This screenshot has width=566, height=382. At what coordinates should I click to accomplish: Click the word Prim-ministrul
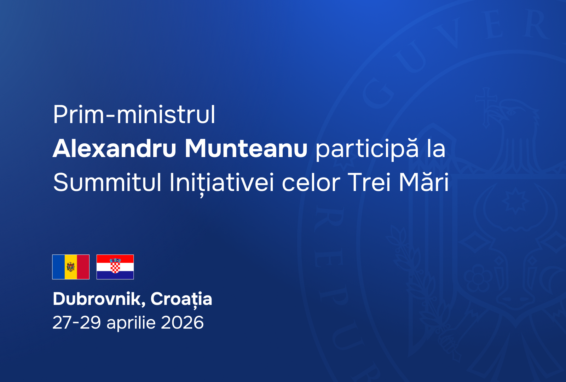pyautogui.click(x=134, y=115)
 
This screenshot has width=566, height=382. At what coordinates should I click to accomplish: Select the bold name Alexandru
pyautogui.click(x=114, y=149)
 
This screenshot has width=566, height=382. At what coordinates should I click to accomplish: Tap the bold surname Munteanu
pyautogui.click(x=246, y=149)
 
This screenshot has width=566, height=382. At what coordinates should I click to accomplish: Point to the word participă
pyautogui.click(x=367, y=150)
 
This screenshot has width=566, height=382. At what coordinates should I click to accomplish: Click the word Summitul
pyautogui.click(x=107, y=182)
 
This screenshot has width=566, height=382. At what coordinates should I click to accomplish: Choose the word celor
pyautogui.click(x=311, y=182)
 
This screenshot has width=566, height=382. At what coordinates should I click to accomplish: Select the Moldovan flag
pyautogui.click(x=71, y=267)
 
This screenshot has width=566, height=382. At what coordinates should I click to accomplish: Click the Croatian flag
pyautogui.click(x=115, y=267)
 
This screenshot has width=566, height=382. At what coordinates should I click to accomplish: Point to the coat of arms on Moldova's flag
pyautogui.click(x=71, y=267)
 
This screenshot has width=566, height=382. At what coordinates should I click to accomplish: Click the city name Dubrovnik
pyautogui.click(x=99, y=299)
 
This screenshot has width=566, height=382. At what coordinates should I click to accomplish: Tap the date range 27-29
pyautogui.click(x=76, y=322)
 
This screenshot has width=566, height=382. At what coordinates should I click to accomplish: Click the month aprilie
pyautogui.click(x=131, y=323)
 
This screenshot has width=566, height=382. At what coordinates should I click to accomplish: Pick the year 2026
pyautogui.click(x=182, y=322)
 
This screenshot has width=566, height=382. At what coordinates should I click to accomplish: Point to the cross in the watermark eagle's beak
pyautogui.click(x=486, y=108)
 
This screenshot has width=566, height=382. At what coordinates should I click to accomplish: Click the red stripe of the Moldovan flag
pyautogui.click(x=83, y=267)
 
